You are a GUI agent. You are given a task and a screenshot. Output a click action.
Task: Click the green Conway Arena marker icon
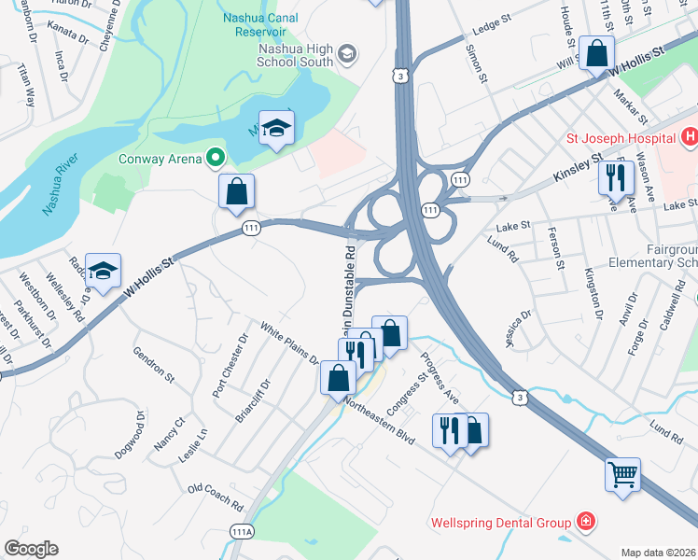pos(216,159)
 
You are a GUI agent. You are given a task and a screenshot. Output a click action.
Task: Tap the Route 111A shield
pos(241,530)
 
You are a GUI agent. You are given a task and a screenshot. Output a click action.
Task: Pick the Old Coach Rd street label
pos(216,497)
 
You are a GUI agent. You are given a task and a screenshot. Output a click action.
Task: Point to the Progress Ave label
pos(440,371)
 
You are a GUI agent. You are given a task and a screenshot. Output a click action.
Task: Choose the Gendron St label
pos(154,364)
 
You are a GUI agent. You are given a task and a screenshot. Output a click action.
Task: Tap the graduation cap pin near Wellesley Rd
pos(103,270)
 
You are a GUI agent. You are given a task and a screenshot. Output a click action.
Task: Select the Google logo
pos(31,549)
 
